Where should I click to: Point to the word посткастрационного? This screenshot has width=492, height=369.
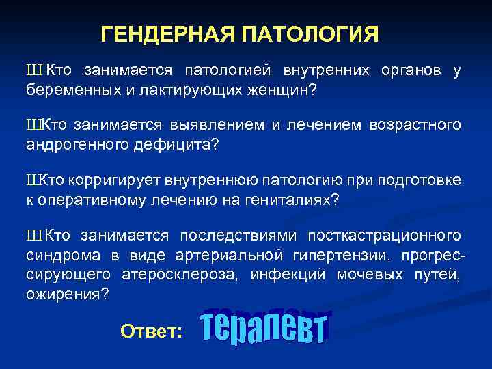click(384, 236)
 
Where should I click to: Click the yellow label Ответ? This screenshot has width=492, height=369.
click(151, 331)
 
